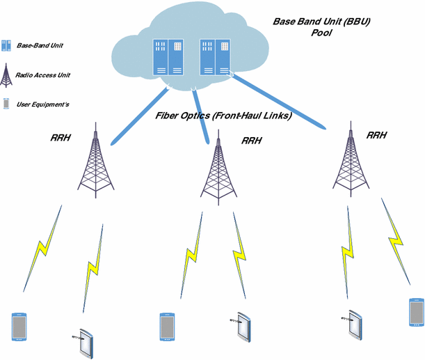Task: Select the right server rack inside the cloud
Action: pos(214,56)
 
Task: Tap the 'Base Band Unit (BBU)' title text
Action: pos(321,22)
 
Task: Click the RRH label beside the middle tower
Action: pos(252,141)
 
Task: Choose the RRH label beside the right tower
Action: pos(377,135)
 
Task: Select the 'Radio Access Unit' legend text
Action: pos(42,75)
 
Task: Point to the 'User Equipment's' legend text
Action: pos(42,104)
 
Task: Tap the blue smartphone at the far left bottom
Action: pos(18,327)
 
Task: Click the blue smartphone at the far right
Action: pos(415,312)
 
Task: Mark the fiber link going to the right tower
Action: pos(278,100)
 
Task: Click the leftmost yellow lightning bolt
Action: pos(42,249)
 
